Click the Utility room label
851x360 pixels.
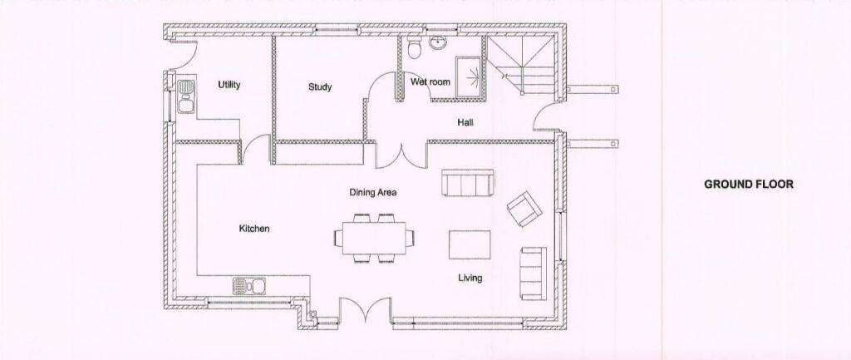pyautogui.click(x=229, y=85)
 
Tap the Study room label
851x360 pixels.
pyautogui.click(x=320, y=86)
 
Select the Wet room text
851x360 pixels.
pyautogui.click(x=430, y=81)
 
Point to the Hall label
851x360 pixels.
pyautogui.click(x=465, y=123)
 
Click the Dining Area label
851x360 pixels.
pyautogui.click(x=372, y=192)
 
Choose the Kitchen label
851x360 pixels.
pyautogui.click(x=254, y=229)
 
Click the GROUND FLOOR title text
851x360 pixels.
pyautogui.click(x=749, y=184)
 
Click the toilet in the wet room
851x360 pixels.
pyautogui.click(x=414, y=52)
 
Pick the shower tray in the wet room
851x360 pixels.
pyautogui.click(x=468, y=77)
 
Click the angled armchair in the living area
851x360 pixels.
pyautogui.click(x=523, y=209)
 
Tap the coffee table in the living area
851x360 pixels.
pyautogui.click(x=470, y=244)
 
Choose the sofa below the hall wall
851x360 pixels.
pyautogui.click(x=468, y=183)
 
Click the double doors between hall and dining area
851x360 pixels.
pyautogui.click(x=401, y=155)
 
